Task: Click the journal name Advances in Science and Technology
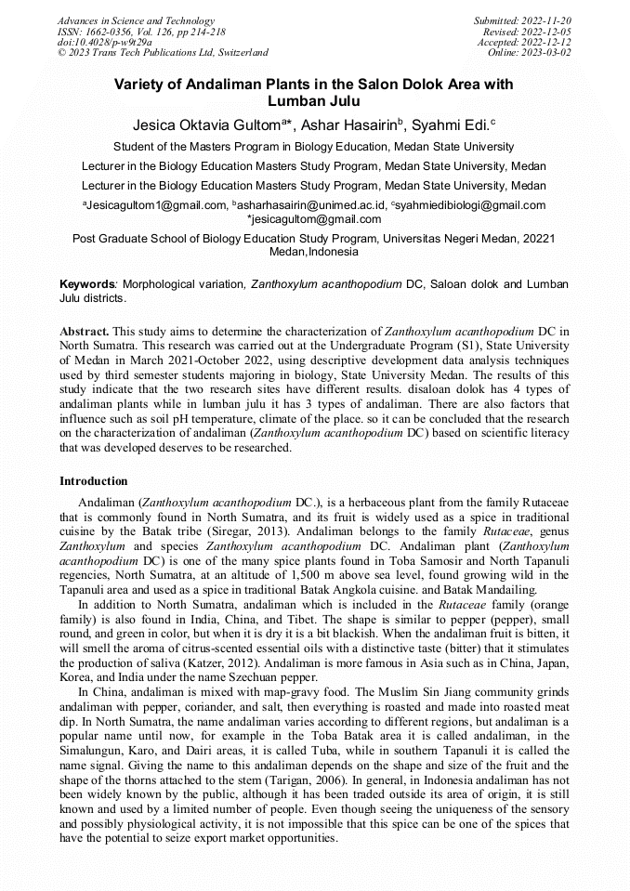136,20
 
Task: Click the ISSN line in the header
141,32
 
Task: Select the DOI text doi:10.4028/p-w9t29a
104,42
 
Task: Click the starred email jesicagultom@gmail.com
314,219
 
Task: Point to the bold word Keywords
85,283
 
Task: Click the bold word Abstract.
84,331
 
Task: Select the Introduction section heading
94,481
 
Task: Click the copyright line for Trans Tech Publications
163,52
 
